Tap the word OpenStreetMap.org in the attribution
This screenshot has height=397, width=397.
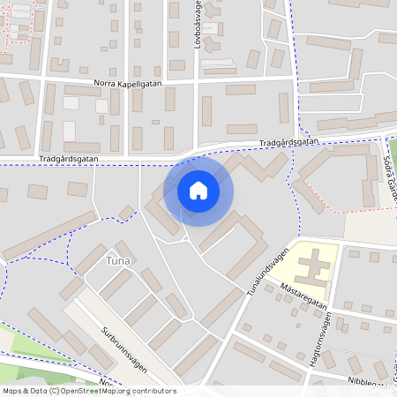[x=96, y=391]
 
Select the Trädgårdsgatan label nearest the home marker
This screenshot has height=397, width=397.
[x=288, y=142]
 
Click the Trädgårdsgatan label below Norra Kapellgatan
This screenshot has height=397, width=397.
[x=68, y=160]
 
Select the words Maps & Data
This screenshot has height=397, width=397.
[x=24, y=391]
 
